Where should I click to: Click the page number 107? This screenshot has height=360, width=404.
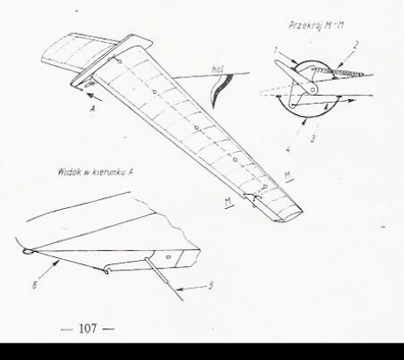coord(88,328)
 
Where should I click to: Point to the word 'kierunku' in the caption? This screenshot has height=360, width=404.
coord(109,172)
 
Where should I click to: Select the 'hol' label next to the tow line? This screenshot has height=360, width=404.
coord(217,69)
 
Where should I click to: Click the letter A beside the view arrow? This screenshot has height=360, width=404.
coord(93,109)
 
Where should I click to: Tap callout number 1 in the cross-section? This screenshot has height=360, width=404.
coord(276,50)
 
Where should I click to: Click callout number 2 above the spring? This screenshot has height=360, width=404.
coord(356,46)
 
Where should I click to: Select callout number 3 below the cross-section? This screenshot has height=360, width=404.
coord(313,138)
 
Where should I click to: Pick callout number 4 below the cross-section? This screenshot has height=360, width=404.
coord(288,149)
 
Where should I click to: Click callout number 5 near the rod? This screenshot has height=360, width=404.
coord(211,285)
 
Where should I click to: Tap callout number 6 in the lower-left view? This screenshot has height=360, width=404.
coord(34,285)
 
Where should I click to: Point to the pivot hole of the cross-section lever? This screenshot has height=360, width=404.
coord(314,90)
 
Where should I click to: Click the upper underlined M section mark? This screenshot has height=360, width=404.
coord(288,176)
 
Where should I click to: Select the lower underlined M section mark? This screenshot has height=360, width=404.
coord(228,203)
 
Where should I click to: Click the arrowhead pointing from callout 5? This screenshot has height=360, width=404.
coord(180,290)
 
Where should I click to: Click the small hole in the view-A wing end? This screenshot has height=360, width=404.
coord(169,257)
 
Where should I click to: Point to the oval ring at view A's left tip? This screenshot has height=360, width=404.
coord(28,251)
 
